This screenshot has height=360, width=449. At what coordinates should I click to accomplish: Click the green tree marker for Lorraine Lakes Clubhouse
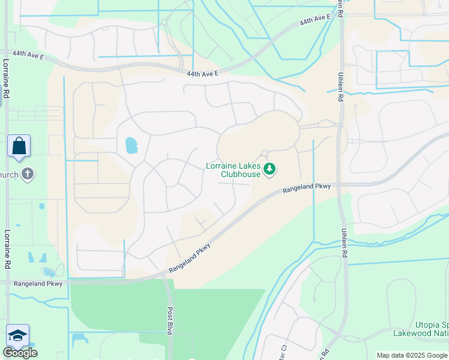tap(270, 170)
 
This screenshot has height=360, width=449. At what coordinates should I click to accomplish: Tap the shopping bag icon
tap(19, 146)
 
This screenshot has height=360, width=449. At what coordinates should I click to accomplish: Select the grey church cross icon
tap(26, 175)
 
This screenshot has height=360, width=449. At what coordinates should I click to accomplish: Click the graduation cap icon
tap(17, 335)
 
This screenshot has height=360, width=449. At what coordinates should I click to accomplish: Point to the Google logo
tap(20, 353)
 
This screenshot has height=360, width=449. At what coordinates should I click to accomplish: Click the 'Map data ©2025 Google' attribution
tap(412, 355)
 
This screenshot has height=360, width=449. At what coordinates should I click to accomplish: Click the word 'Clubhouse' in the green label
tap(240, 175)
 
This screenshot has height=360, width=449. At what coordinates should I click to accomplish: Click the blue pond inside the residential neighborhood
tap(130, 145)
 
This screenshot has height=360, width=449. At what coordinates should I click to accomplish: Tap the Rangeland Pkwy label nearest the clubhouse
tap(306, 190)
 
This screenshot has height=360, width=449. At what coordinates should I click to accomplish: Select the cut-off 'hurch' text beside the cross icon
tap(8, 175)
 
